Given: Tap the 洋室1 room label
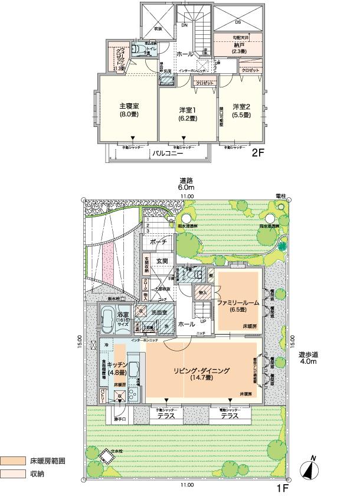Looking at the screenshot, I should (x=187, y=110).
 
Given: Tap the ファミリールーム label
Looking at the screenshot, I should (x=238, y=302).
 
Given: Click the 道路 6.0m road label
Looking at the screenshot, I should (x=187, y=184).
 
